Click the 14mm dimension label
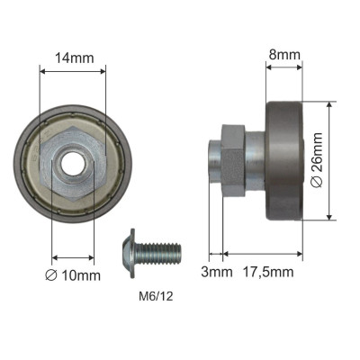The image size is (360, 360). point(74,58)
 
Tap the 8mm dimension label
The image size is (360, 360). point(284,55)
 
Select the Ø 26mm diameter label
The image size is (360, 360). point(317,160)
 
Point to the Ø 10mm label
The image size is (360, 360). point(73,275)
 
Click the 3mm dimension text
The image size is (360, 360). point(217,272)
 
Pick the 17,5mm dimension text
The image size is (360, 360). point(268,272)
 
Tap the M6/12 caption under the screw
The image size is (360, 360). point(156,297)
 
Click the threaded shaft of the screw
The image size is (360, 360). point(158,254)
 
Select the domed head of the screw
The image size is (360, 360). point(129,254)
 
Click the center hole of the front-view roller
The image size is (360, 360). point(72,163)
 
